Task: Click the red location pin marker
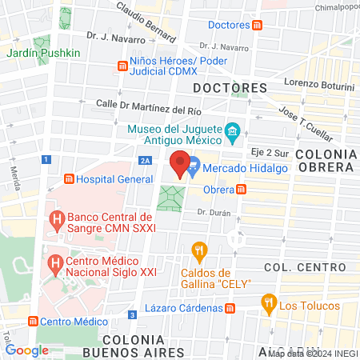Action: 181,163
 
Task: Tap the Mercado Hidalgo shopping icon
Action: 194,168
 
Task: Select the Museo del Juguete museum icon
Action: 232,130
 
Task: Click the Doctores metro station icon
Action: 256,26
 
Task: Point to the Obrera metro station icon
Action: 241,190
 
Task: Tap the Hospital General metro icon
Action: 70,179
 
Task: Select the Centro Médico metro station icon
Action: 33,321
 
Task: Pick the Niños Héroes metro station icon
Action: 122,64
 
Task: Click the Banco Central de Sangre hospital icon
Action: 56,218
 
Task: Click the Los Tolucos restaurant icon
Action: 269,303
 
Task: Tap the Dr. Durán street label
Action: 213,213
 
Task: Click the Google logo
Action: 27,350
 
